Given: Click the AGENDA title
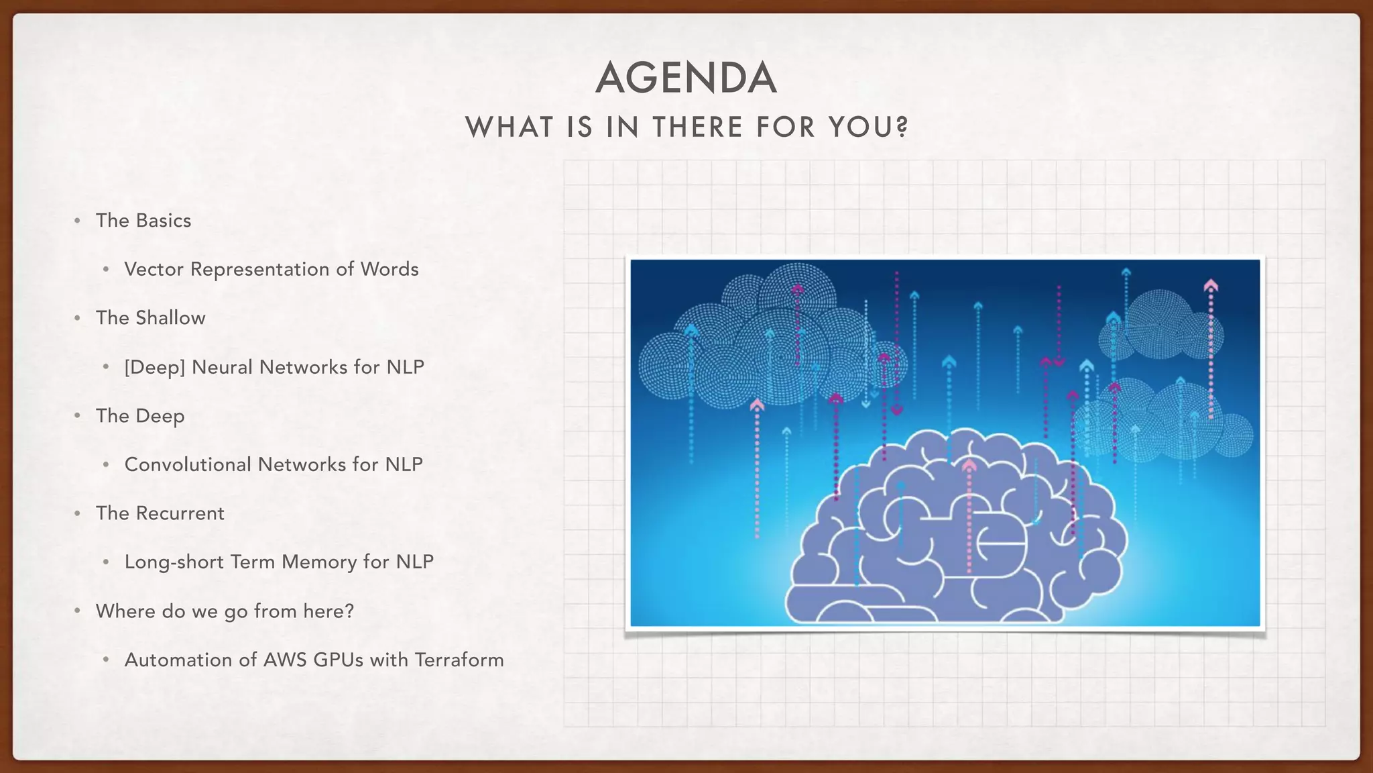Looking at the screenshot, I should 686,78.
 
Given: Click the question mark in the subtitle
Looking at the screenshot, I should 902,127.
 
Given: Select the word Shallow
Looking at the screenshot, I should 170,317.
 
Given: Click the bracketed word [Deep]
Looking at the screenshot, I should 155,367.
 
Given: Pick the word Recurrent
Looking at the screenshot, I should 180,513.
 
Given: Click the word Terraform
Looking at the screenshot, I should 459,660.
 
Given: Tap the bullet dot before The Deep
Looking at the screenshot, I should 78,416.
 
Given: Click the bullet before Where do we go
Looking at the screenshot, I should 78,611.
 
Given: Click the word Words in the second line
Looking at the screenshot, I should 390,269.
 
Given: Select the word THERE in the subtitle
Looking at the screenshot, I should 698,127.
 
